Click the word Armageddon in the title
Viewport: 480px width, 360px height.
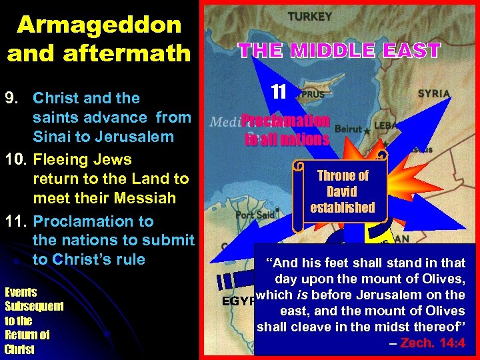point(99,25)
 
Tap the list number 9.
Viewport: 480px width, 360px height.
point(13,98)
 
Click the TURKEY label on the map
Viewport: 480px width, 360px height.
point(309,15)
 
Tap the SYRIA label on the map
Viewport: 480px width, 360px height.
point(434,94)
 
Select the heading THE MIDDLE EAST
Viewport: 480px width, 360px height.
point(339,50)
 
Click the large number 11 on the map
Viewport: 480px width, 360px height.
point(279,91)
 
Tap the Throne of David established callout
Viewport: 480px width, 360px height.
point(343,191)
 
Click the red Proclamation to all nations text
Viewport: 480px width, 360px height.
point(286,129)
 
